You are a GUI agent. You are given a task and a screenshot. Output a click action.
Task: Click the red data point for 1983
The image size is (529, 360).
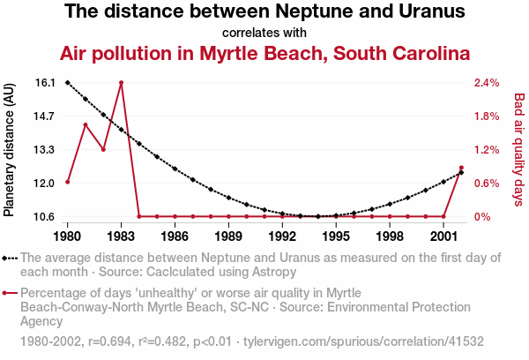tap(122, 83)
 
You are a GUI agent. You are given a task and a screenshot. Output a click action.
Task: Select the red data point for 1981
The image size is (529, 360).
tap(86, 124)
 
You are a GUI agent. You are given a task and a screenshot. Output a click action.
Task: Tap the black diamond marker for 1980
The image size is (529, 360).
tap(68, 82)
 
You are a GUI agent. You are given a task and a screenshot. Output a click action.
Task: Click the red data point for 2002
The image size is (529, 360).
tap(461, 168)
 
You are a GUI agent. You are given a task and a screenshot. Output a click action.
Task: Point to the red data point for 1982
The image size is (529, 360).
tap(103, 149)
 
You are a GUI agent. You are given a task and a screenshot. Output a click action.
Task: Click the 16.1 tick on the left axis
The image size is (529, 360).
tap(44, 83)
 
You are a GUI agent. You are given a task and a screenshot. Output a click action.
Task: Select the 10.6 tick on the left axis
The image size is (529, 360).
tap(44, 217)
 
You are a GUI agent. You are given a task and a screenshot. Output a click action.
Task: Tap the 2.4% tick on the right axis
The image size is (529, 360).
tap(486, 83)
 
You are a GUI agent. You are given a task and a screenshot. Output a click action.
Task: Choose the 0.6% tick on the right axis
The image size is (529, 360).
tap(486, 184)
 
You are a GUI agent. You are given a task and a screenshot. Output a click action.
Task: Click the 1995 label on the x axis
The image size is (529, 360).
tap(336, 236)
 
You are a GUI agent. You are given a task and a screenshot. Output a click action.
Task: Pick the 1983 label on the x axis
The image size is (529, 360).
tap(122, 236)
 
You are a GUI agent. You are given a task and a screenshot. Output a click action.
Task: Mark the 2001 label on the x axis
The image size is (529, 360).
tap(443, 236)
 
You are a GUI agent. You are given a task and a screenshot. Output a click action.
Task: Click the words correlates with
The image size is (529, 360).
tap(264, 33)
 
